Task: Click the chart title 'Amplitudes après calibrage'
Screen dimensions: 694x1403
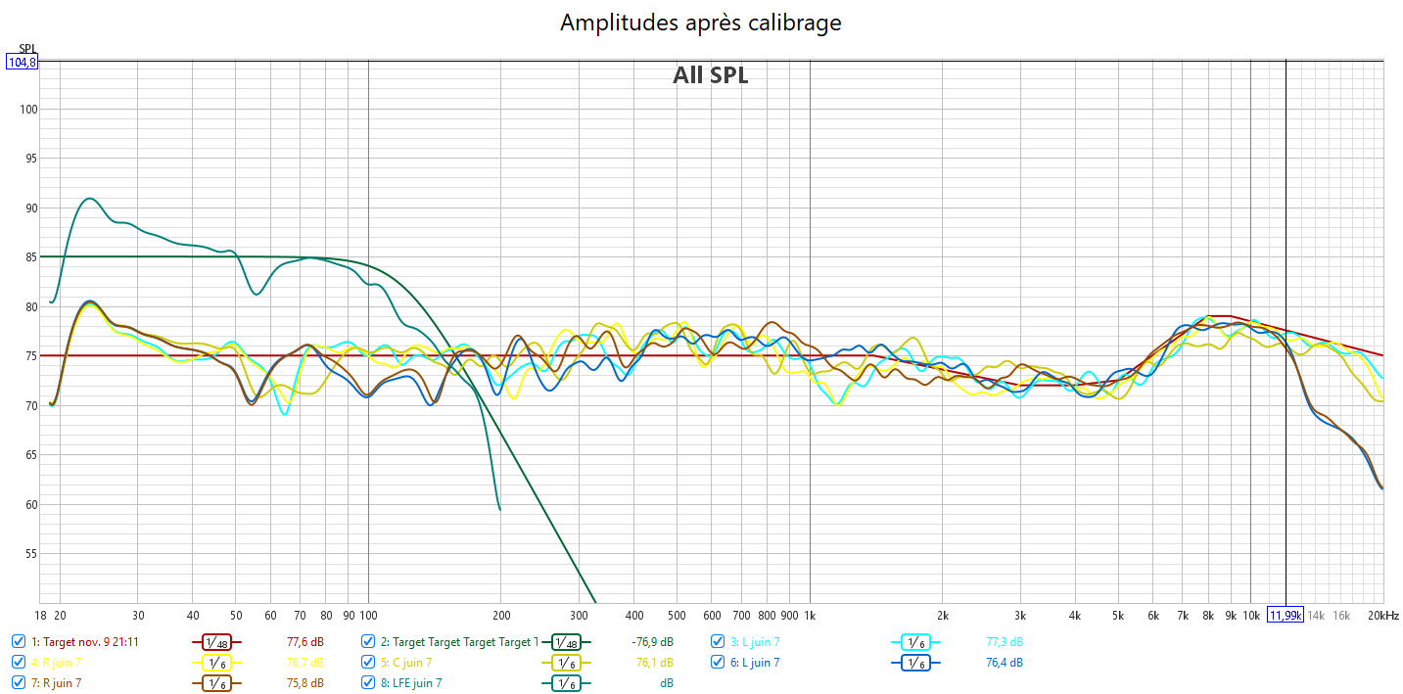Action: [x=700, y=23]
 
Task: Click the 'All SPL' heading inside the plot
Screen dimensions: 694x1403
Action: [x=710, y=75]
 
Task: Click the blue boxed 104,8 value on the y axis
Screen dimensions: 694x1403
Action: [x=22, y=63]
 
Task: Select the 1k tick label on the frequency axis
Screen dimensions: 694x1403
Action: [x=810, y=615]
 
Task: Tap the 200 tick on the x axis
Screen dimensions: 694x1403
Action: [x=500, y=615]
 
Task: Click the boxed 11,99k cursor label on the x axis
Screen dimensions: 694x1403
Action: [x=1285, y=615]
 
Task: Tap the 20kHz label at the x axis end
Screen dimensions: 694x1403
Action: [x=1383, y=615]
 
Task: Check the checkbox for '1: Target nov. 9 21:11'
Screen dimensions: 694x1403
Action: [x=19, y=642]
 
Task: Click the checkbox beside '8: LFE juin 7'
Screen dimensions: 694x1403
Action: [x=368, y=682]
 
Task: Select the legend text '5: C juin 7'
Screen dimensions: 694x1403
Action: [x=412, y=663]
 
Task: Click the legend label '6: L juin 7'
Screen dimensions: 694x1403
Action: [x=755, y=663]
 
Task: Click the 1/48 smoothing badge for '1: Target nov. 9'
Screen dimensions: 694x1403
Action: [x=215, y=642]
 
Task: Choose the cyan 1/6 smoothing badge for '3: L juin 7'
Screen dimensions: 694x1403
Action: [x=915, y=642]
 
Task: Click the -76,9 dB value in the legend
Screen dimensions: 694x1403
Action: [x=652, y=642]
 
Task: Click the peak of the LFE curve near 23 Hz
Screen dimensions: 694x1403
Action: [x=89, y=199]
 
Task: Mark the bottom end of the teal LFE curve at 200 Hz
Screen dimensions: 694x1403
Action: [x=500, y=509]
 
